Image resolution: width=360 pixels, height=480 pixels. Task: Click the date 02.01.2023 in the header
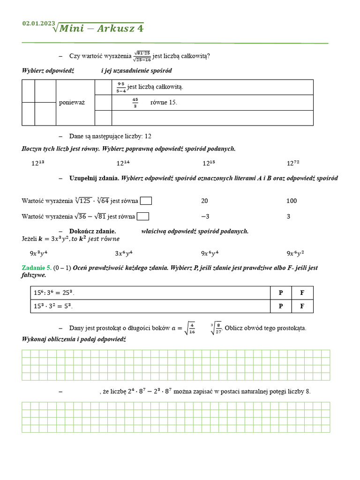(38, 23)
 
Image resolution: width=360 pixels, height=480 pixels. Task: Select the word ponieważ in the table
(72, 103)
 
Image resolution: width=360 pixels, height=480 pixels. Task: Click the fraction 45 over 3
(135, 103)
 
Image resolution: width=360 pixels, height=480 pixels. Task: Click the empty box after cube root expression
(146, 201)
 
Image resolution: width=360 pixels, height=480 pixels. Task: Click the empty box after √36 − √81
(143, 217)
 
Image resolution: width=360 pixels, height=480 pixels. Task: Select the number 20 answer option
(204, 201)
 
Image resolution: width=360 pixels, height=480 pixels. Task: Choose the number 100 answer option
(292, 201)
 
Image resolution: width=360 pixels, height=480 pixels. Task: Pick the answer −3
(205, 217)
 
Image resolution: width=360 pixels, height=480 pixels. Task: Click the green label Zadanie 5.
(37, 268)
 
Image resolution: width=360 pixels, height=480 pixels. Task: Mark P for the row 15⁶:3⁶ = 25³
(281, 293)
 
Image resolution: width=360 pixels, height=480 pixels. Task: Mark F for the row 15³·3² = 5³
(302, 306)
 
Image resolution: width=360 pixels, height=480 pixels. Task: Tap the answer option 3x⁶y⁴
(124, 253)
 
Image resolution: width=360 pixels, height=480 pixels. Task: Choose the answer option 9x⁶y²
(295, 253)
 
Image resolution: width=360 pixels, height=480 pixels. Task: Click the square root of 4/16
(190, 328)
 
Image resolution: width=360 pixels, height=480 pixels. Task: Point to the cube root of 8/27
(216, 328)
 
